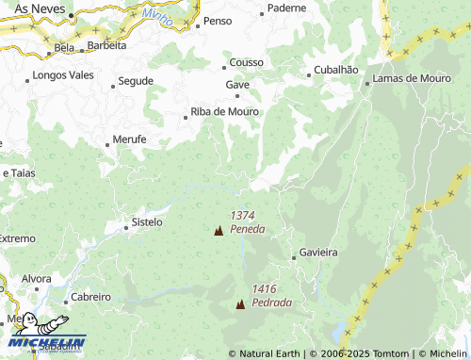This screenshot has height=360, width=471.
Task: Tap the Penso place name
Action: coord(218,21)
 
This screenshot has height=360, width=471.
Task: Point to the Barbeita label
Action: coord(106,45)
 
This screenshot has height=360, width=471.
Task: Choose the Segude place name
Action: coord(136,81)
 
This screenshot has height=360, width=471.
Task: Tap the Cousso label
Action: coord(246,64)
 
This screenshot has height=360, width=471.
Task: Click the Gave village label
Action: coord(236,84)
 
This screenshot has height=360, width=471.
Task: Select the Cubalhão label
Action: coord(335,70)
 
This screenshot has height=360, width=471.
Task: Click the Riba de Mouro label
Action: coord(224,111)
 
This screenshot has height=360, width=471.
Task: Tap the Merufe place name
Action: coord(129,139)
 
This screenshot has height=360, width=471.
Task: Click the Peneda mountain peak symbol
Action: coord(219,230)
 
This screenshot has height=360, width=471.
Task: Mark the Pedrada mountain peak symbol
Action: coord(240,303)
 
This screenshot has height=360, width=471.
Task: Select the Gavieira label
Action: coord(318,253)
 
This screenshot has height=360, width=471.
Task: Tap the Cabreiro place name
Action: coord(89,296)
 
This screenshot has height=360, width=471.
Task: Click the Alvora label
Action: coord(37,279)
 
